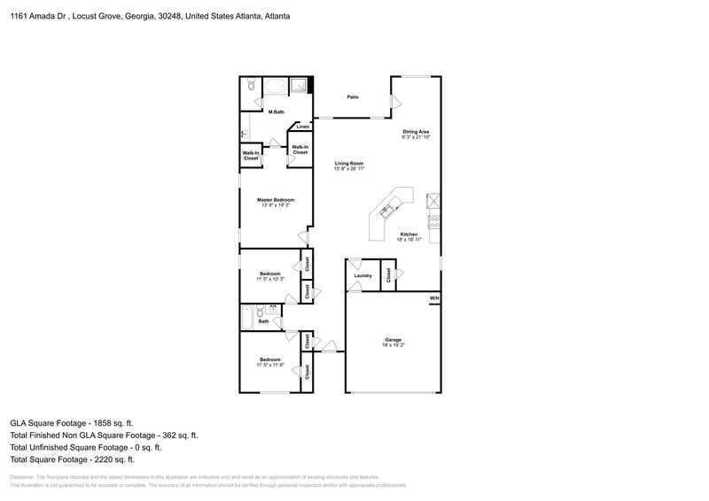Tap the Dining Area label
tap(416, 132)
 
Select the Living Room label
tap(349, 164)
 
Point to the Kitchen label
tap(408, 235)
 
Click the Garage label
tap(393, 340)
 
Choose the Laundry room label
tap(362, 275)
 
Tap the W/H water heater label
tap(433, 298)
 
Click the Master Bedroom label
tap(276, 200)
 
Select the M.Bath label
tap(277, 112)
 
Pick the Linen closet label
tap(303, 127)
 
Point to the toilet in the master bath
tap(251, 86)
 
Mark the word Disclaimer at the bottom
tap(24, 476)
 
